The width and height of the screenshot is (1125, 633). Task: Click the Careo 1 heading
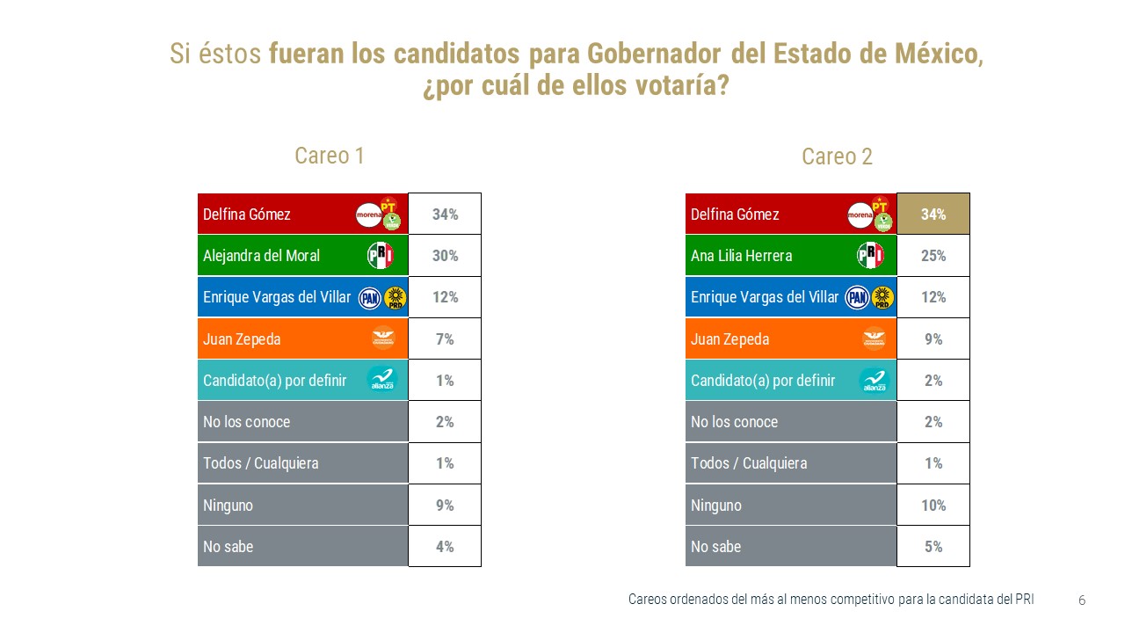coord(329,156)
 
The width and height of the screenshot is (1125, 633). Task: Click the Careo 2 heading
coord(837,157)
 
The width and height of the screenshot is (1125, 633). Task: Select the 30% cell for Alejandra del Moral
coord(445,256)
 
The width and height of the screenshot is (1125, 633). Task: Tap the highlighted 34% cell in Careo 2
coord(933,214)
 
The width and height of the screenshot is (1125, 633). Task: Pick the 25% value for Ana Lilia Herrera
coord(933,256)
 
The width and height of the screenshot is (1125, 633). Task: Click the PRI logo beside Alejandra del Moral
coord(380,256)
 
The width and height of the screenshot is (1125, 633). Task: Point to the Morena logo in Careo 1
coord(368,215)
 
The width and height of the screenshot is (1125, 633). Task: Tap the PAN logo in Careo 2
coord(857,298)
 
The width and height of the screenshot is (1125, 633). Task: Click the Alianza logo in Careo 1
coord(381,381)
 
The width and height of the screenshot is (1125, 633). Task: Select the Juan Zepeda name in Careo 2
coord(729,339)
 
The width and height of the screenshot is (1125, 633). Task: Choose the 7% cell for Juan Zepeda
coord(445,339)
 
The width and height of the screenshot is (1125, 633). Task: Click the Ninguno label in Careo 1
coord(227,506)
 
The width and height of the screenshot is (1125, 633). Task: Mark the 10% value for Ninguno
coord(933,506)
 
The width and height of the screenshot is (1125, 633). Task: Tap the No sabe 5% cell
coord(933,547)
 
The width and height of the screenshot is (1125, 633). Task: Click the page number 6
coord(1082,600)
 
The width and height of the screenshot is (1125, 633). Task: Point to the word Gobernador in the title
coord(649,54)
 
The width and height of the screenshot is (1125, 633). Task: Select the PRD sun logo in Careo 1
coord(396,299)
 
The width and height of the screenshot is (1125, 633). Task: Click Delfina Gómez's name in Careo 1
coord(246,214)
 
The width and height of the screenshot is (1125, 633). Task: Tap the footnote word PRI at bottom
coord(1023,600)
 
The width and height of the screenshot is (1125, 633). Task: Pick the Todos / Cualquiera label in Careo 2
coord(748,463)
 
